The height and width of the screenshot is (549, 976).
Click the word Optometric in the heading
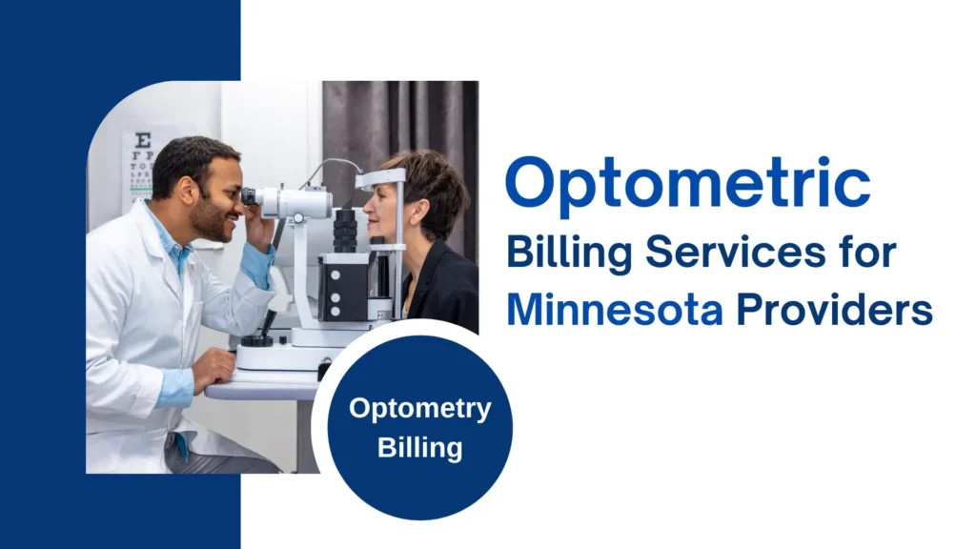686,184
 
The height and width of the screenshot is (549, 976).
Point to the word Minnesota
614,310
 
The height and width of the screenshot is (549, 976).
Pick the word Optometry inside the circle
419,410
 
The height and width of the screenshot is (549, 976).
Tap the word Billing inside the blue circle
419,446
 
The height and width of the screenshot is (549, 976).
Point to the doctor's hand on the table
213,367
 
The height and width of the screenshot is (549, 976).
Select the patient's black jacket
448,295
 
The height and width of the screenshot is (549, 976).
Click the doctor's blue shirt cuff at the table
175,386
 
